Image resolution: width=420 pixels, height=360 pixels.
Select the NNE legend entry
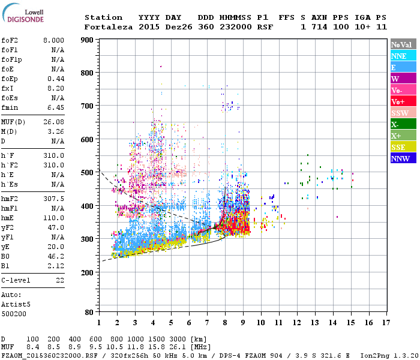coord(403,56)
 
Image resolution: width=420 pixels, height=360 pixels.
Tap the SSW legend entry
coord(403,113)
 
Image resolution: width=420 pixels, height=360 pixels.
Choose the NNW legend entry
coord(403,158)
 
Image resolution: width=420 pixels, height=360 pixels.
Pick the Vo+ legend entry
coord(403,101)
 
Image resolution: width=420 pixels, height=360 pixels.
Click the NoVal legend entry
coord(403,44)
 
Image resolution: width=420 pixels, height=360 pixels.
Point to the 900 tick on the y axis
coord(88,40)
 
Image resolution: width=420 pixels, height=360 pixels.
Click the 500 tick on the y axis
coord(88,173)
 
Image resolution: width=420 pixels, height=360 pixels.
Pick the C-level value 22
coord(60,280)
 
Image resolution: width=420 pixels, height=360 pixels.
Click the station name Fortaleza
coord(109,27)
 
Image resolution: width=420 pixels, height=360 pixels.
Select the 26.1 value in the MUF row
coord(179,346)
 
